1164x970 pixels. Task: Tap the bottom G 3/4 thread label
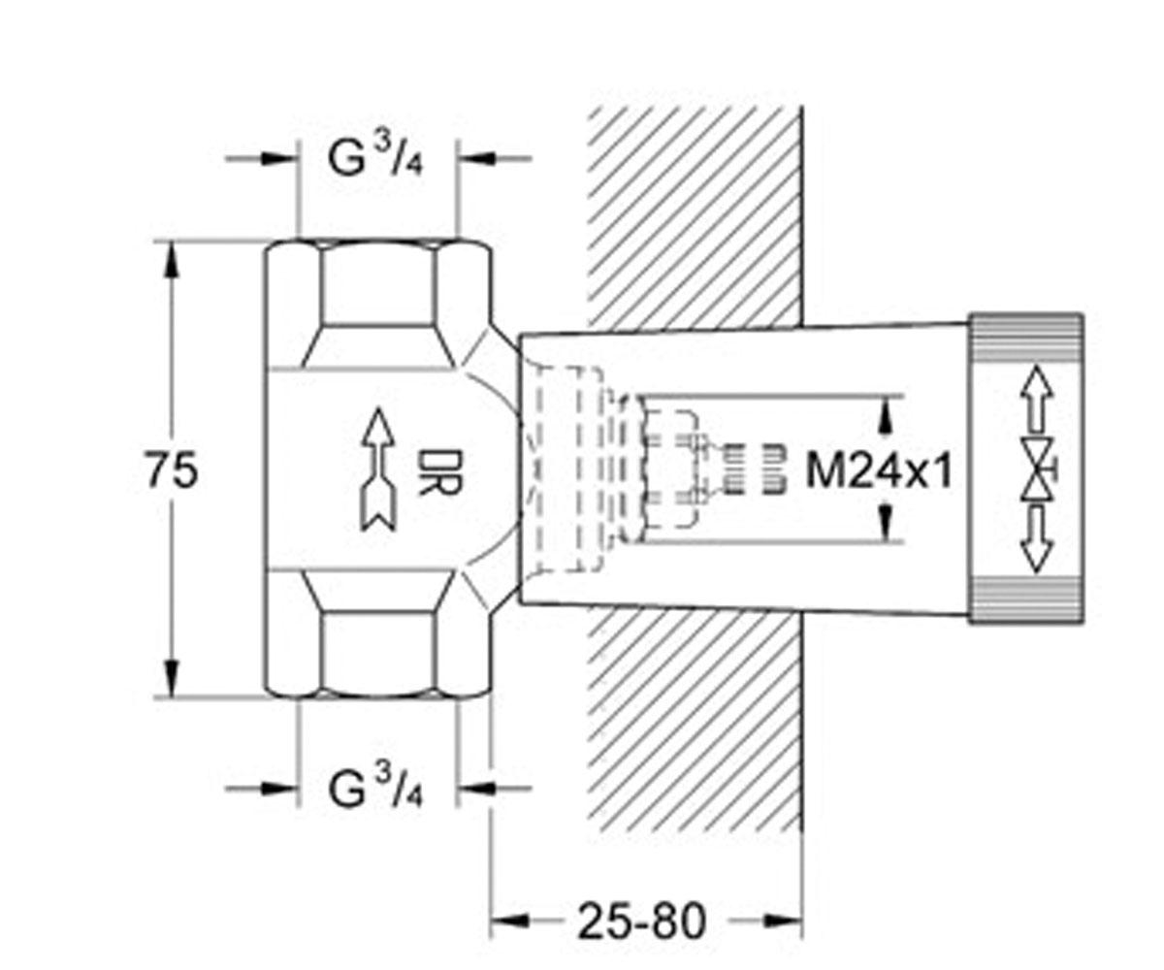(375, 787)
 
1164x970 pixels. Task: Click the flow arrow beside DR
(378, 469)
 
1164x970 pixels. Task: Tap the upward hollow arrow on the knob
(1036, 398)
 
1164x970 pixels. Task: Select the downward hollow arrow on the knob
(1036, 540)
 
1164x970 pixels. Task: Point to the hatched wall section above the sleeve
(695, 217)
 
